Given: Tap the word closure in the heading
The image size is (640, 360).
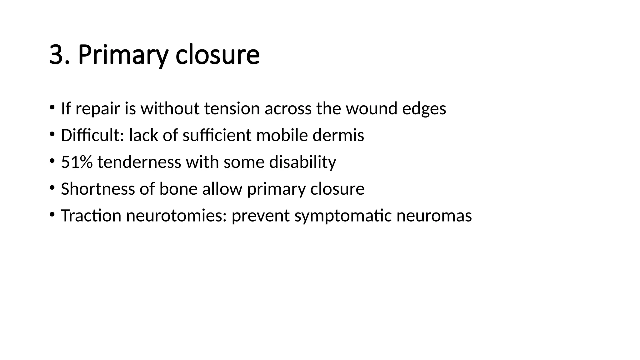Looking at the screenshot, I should (x=217, y=55).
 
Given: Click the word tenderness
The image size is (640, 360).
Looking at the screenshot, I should (x=139, y=162).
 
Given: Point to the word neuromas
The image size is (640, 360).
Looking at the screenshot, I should (x=434, y=216).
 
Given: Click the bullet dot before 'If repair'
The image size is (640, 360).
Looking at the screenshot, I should (x=52, y=107).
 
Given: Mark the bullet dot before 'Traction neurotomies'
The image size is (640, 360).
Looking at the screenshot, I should (x=52, y=214).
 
